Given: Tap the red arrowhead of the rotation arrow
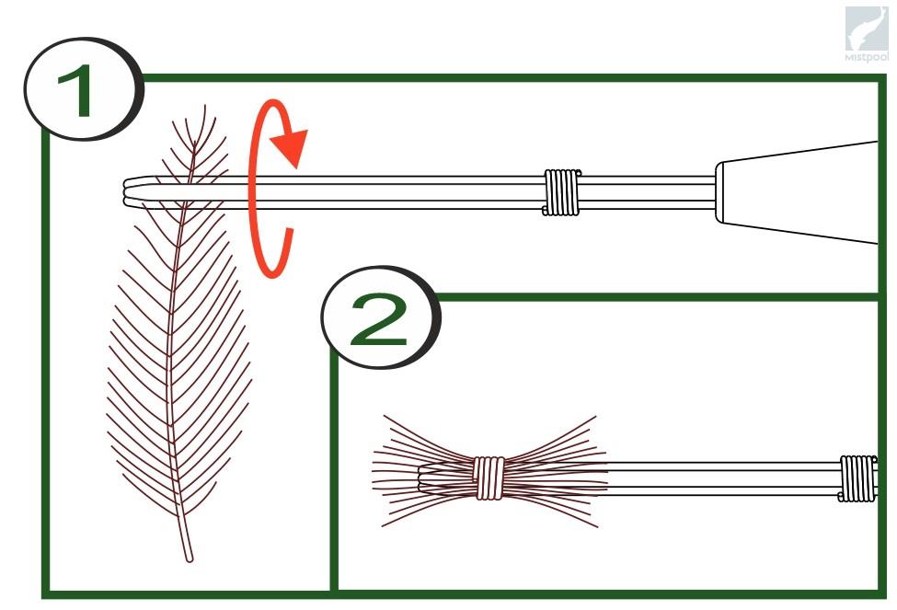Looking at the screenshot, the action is (292, 147).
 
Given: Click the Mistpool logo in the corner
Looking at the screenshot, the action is (868, 34).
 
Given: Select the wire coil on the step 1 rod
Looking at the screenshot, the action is (561, 192).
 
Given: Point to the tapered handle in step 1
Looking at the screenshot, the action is (797, 192).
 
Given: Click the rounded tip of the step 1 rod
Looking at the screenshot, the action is (127, 192).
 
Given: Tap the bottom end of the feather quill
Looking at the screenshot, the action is (190, 558).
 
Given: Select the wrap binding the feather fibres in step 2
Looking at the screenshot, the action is (489, 478).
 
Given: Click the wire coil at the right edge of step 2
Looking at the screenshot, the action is (857, 478).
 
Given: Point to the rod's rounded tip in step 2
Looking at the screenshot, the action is (422, 478).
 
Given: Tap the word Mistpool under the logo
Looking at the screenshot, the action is (868, 58).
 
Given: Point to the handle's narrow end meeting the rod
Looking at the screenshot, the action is (719, 192).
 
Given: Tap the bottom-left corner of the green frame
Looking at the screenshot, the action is (46, 593).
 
